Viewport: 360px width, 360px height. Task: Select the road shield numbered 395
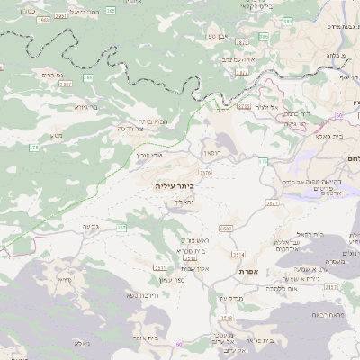(x=110, y=10)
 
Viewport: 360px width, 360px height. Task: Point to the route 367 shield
(x=121, y=228)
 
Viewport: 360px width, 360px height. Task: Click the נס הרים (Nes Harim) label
(x=52, y=75)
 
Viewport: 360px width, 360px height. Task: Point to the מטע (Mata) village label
(x=57, y=136)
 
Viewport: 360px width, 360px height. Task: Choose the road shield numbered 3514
(x=238, y=255)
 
